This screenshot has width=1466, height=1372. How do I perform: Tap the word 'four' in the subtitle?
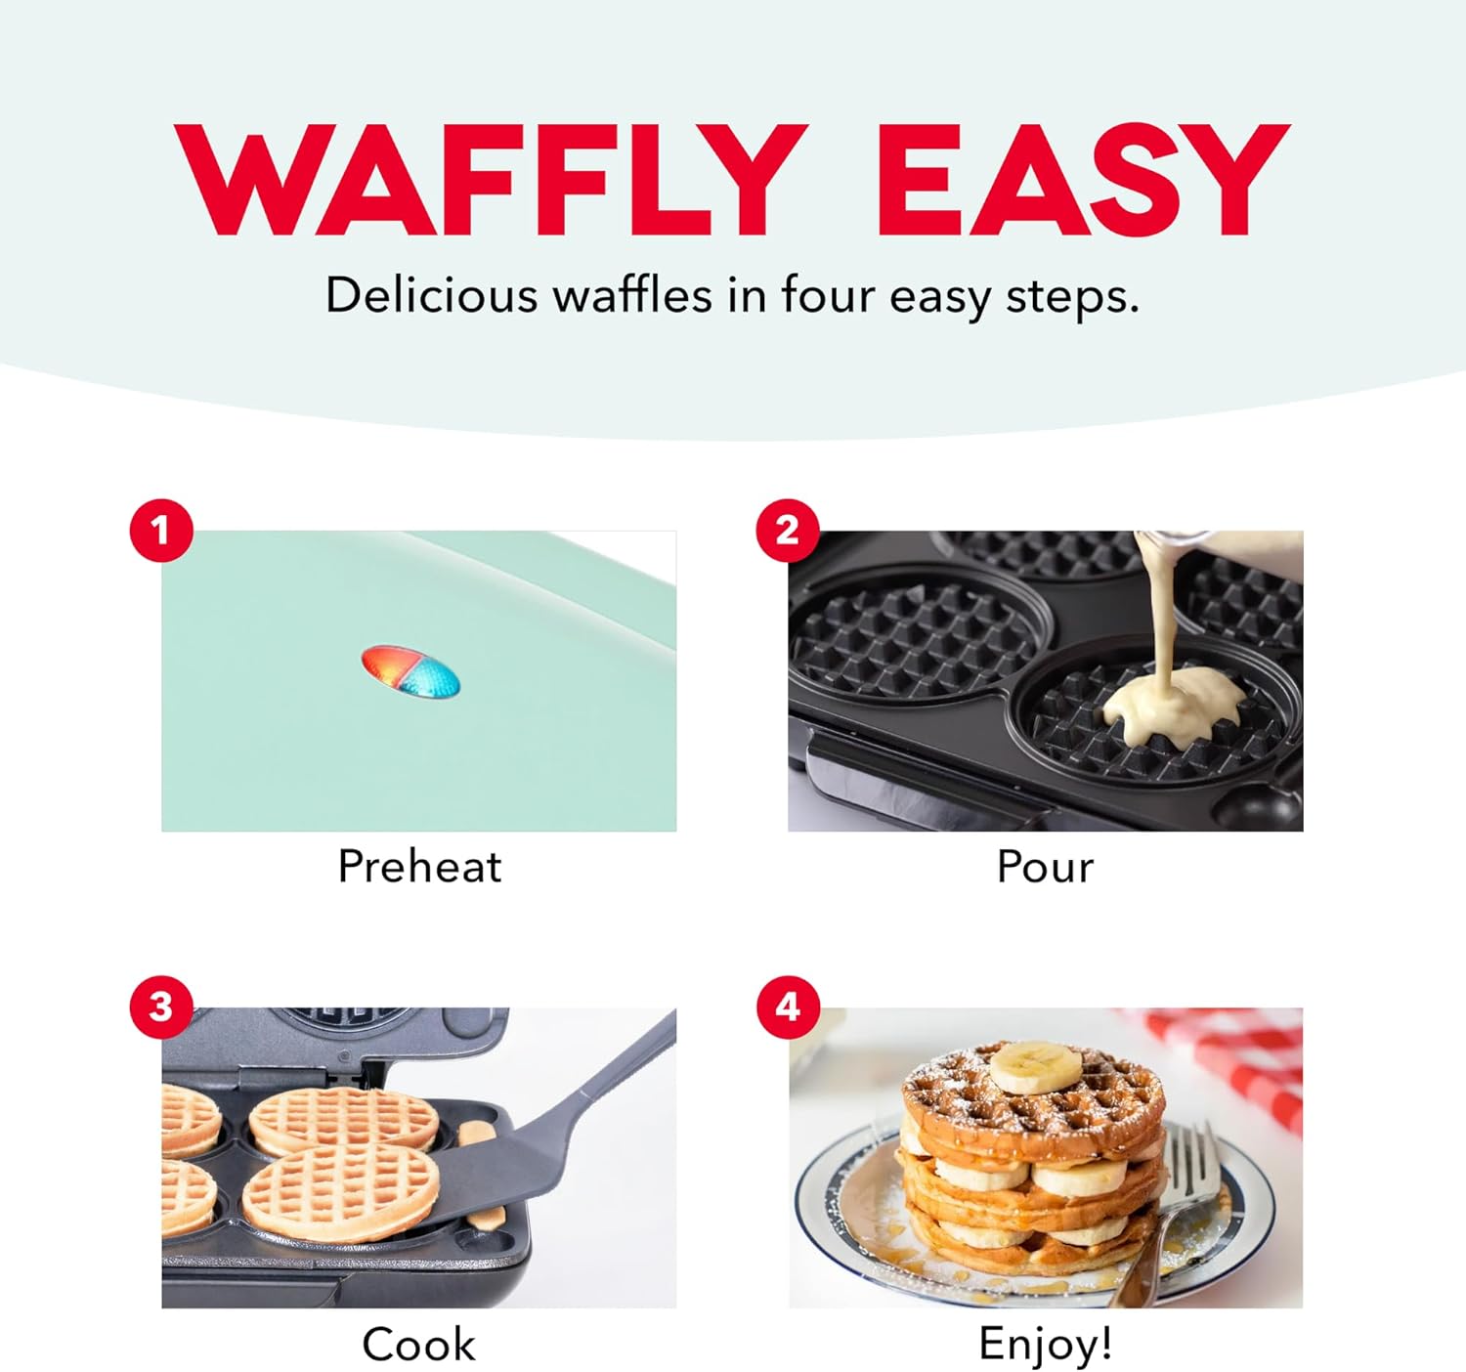tap(826, 295)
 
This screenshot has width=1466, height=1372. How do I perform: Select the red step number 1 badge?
tap(160, 531)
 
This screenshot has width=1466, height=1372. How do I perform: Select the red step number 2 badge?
tap(788, 531)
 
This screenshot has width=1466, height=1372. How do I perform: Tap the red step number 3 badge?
tap(160, 1007)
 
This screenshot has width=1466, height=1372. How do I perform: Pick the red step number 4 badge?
tap(788, 1007)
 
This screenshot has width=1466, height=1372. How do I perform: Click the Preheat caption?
tap(419, 866)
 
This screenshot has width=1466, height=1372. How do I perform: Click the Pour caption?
tap(1045, 866)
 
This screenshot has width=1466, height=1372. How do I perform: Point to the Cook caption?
tap(419, 1345)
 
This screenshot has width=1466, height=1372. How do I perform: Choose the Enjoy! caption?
tap(1045, 1344)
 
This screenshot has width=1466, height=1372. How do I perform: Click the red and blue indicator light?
tap(410, 672)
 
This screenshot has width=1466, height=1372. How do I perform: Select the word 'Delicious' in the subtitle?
tap(431, 295)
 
